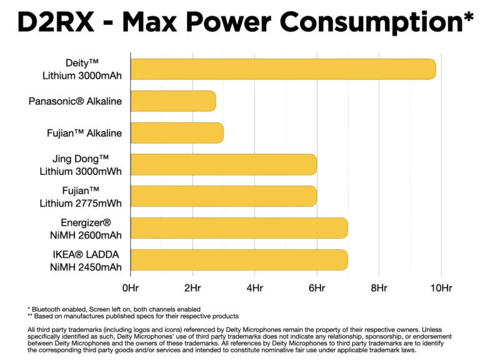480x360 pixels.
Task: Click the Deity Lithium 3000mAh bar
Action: point(282,69)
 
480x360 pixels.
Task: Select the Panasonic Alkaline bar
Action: point(173,101)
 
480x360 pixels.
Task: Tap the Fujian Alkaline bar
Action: point(177,133)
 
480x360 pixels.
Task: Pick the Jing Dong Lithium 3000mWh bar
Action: point(223,164)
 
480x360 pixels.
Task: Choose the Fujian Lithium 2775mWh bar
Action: point(223,196)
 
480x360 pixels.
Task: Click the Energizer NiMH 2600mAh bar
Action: point(239,228)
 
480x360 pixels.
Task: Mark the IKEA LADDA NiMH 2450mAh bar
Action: point(239,260)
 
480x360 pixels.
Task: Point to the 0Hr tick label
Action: point(131,288)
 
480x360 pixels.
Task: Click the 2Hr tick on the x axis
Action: point(192,288)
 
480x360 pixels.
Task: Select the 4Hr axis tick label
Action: point(254,288)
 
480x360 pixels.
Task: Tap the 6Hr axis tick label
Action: point(317,288)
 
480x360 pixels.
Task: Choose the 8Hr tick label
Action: point(379,288)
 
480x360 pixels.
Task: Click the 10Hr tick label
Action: point(441,288)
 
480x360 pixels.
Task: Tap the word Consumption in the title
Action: point(371,23)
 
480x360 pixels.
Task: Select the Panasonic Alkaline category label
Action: point(76,101)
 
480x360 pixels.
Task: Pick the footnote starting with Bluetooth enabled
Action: point(114,309)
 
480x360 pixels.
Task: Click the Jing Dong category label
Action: point(81,159)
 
